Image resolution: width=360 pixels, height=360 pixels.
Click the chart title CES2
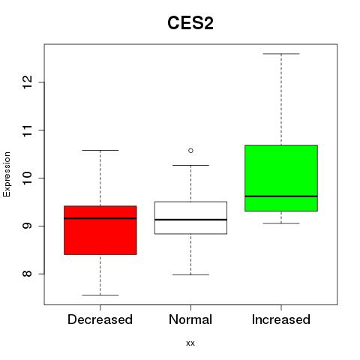click(190, 23)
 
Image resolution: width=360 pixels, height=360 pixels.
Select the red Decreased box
click(100, 230)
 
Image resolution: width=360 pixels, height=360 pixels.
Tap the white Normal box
click(190, 217)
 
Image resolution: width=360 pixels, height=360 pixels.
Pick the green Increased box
click(281, 178)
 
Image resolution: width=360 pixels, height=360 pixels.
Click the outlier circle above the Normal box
click(190, 151)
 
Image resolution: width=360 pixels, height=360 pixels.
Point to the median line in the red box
click(100, 218)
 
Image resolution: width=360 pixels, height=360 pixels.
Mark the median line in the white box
click(190, 220)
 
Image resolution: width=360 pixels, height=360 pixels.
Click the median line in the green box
click(281, 196)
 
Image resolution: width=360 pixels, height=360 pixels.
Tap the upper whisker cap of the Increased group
click(281, 54)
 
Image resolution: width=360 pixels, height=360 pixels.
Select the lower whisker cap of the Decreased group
click(100, 295)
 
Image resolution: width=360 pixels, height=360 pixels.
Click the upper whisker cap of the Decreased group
click(100, 150)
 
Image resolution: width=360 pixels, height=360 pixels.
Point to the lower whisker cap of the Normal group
click(190, 274)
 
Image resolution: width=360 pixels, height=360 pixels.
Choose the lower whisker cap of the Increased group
click(281, 223)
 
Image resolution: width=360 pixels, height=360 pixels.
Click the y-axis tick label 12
click(27, 82)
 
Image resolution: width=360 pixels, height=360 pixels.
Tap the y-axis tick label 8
click(27, 274)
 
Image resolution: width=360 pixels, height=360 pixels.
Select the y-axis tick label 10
click(27, 178)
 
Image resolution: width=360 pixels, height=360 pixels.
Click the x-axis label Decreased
click(100, 319)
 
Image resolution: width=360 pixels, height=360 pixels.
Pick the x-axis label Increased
click(281, 319)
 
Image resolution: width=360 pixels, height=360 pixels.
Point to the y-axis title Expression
click(7, 174)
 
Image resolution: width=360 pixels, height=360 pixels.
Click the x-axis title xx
click(190, 343)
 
